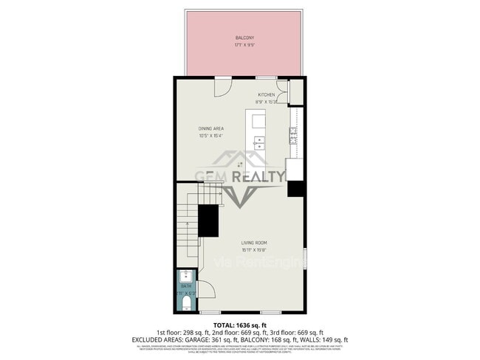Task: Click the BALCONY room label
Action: click(245, 37)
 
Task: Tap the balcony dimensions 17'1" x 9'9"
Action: click(245, 44)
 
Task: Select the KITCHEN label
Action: click(267, 94)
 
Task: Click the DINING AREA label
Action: click(210, 128)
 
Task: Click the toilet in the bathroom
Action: click(186, 302)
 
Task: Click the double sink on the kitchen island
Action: click(259, 142)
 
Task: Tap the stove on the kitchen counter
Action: click(293, 134)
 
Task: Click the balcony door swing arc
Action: click(223, 86)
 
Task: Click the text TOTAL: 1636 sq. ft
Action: click(240, 325)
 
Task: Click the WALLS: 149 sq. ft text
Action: click(323, 339)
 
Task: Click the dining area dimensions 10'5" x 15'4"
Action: click(210, 136)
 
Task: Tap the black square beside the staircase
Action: click(209, 219)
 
